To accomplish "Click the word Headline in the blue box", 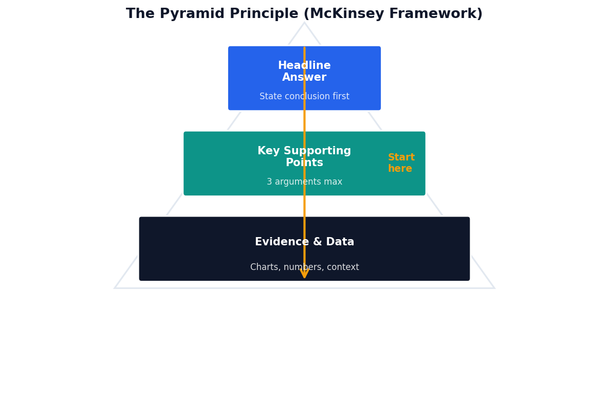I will [x=304, y=66].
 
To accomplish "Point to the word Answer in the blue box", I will [x=304, y=78].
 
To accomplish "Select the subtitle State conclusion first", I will [x=304, y=97].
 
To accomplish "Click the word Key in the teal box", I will [x=267, y=151].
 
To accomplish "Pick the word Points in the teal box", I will [x=304, y=163].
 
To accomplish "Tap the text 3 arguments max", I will [x=304, y=182].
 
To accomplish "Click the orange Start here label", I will [x=401, y=163].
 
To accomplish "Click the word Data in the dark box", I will [x=340, y=242].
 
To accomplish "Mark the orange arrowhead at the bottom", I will [x=304, y=274].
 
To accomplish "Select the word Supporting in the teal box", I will [x=318, y=151].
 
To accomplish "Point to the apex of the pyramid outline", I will [x=304, y=23].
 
